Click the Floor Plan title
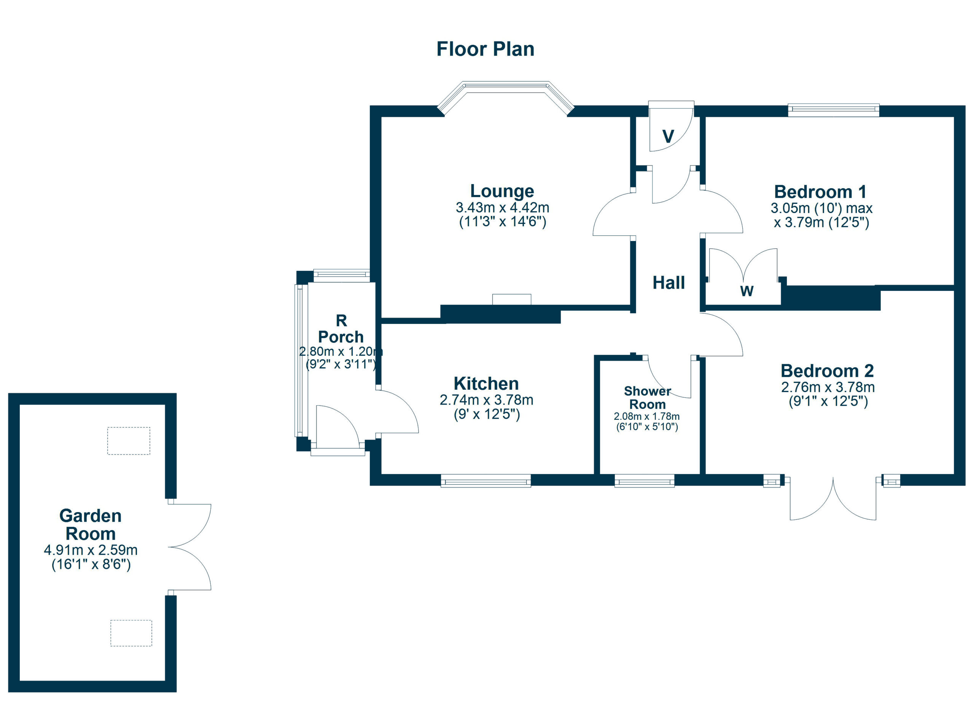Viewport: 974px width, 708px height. coord(485,49)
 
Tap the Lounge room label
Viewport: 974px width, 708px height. coord(502,191)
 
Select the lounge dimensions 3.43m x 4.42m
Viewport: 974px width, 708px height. coord(503,208)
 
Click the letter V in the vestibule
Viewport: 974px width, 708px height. coord(668,137)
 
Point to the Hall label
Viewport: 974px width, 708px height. coord(668,283)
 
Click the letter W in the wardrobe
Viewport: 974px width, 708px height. coord(747,291)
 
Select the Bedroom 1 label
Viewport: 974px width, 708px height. coord(821,192)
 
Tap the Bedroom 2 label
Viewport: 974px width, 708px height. coord(827,371)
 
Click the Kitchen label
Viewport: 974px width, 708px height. coord(486,384)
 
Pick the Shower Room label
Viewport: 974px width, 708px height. coord(647,398)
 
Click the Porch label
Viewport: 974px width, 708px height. coord(341,337)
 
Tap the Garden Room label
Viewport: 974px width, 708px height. coord(90,525)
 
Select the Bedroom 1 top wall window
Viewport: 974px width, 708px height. coord(834,110)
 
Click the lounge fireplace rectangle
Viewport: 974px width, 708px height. coord(511,299)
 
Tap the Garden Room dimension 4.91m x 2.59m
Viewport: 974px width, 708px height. coord(91,550)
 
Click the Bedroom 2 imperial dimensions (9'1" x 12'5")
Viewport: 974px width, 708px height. coord(828,402)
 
